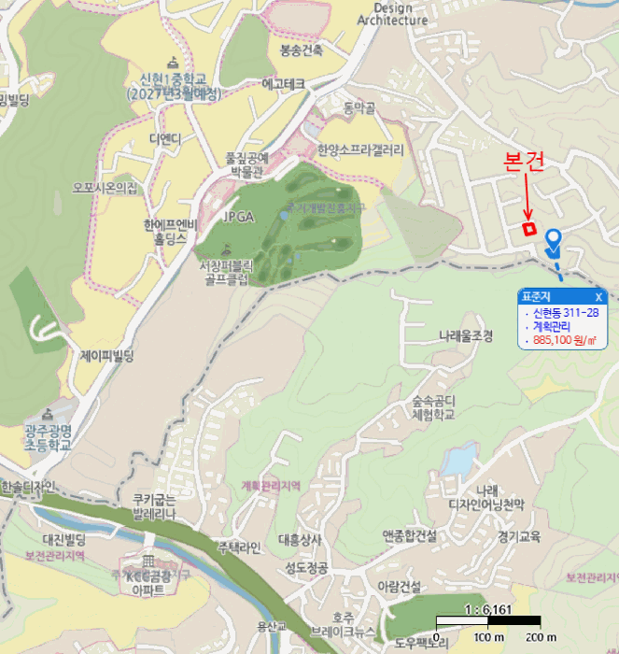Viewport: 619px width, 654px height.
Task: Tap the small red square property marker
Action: click(x=528, y=228)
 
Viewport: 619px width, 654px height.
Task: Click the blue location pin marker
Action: click(x=553, y=241)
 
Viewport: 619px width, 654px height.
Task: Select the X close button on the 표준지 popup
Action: click(x=598, y=296)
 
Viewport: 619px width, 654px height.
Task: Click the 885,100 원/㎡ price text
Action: click(x=565, y=341)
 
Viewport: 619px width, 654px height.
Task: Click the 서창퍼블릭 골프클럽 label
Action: click(x=225, y=272)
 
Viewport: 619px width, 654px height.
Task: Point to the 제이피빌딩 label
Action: click(x=107, y=356)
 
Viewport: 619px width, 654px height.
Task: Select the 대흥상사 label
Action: click(x=300, y=539)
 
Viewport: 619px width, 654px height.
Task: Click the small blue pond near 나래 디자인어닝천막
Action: click(x=458, y=461)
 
